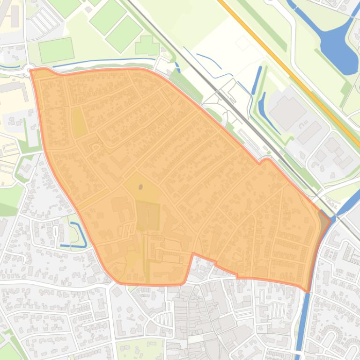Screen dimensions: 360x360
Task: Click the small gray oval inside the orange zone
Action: (x=141, y=187)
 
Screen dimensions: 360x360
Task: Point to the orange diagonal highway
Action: (x=290, y=70)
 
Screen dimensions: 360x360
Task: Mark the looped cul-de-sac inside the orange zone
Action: (x=96, y=148)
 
